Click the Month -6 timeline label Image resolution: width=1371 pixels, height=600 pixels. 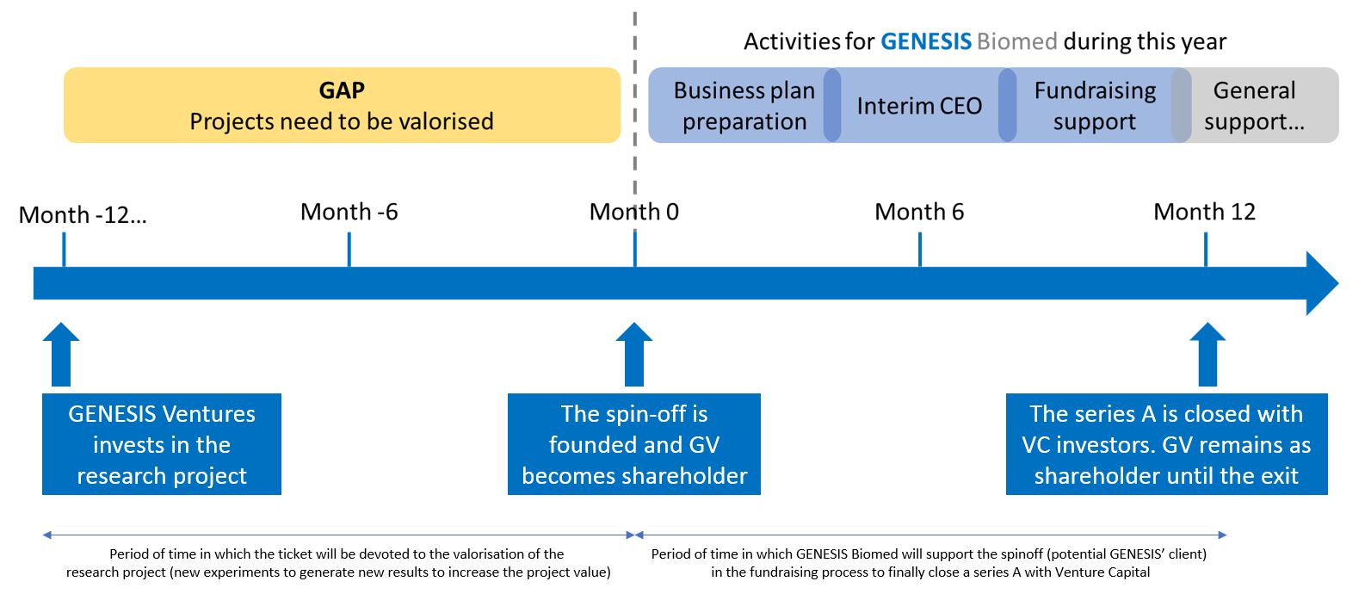pos(349,212)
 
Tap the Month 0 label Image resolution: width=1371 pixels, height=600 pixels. pos(633,212)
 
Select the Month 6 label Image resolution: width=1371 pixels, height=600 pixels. pos(919,212)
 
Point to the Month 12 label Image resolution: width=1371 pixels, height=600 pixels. pos(1204,212)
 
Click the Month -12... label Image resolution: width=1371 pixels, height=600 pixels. pos(83,215)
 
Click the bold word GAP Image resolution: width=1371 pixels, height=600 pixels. pos(342,90)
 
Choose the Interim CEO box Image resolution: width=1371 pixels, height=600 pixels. pos(918,106)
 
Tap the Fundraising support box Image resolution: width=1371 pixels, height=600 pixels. pos(1094,106)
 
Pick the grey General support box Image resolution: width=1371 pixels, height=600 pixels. pos(1257,106)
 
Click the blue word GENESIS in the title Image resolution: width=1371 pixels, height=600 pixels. pos(925,41)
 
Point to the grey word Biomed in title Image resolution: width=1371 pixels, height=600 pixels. pos(1016,41)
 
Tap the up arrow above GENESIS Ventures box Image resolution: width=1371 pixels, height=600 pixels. pos(61,354)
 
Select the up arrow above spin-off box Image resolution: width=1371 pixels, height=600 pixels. pos(634,354)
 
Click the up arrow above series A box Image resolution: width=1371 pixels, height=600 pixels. pos(1207,354)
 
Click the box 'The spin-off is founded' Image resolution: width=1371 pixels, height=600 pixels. pos(634,444)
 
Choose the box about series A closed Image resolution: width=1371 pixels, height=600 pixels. pos(1166,444)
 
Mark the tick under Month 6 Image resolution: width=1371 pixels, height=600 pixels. pos(920,250)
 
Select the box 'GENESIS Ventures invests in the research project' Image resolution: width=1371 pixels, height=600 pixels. pos(162,444)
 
